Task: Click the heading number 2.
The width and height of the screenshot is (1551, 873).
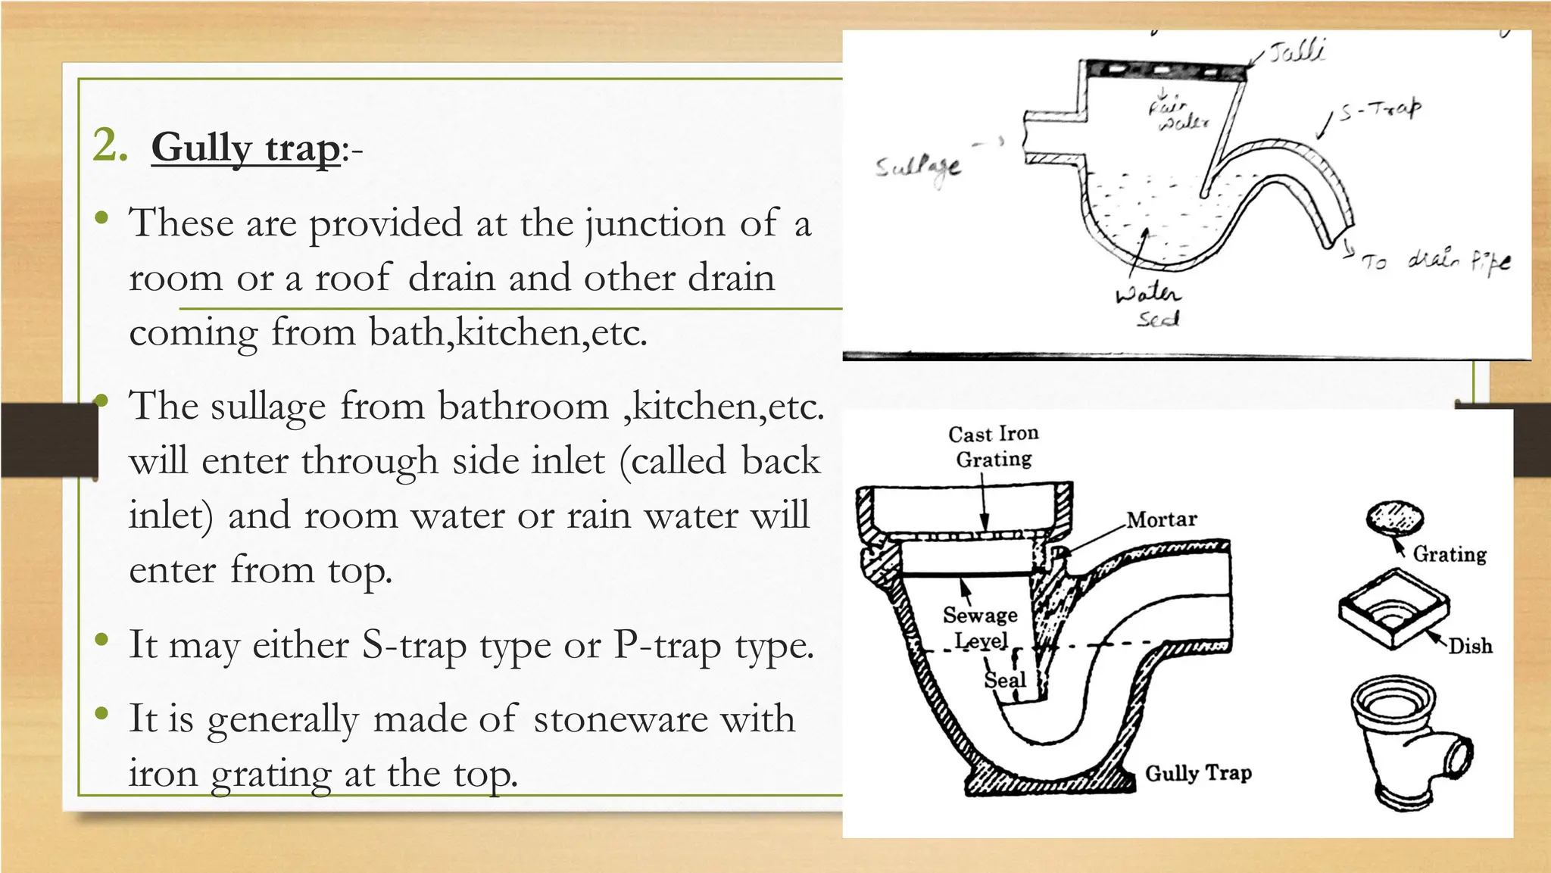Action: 110,145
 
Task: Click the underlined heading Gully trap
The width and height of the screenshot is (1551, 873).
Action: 245,148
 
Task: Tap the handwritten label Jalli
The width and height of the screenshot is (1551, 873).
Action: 1297,51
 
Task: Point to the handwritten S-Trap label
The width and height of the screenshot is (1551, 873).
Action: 1380,111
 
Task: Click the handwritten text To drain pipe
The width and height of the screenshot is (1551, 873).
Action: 1436,261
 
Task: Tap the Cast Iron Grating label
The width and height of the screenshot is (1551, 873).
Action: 993,446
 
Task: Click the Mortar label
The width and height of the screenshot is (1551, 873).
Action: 1161,519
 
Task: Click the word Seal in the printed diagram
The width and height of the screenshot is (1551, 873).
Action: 1004,680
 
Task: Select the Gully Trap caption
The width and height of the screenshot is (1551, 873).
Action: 1197,773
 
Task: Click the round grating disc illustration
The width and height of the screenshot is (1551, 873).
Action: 1394,518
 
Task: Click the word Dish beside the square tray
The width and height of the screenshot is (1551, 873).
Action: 1470,646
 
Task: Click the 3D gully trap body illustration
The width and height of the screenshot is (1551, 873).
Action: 1409,742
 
